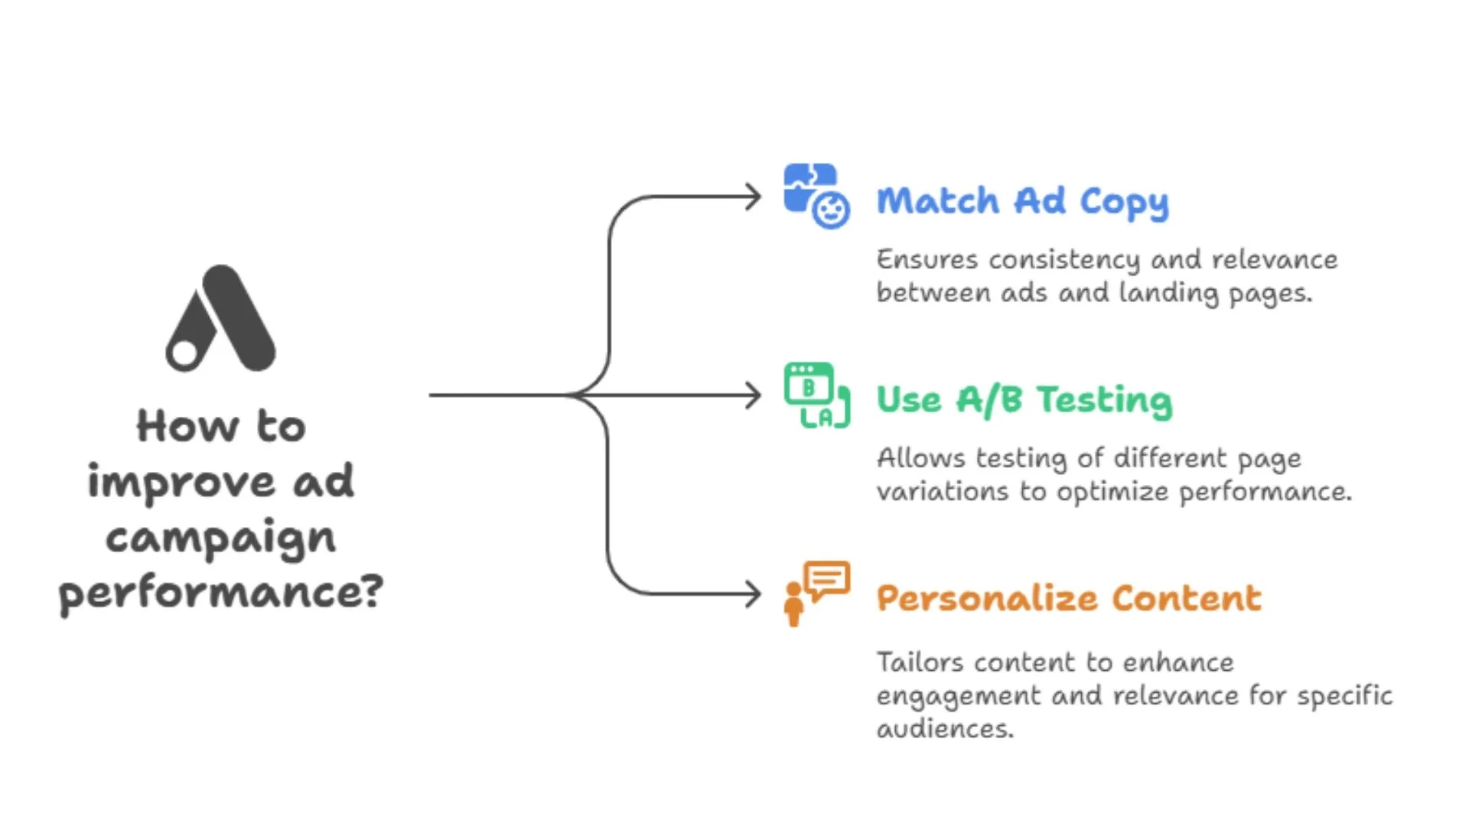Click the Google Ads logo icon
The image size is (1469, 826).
pos(220,319)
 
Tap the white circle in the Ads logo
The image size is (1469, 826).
pos(184,353)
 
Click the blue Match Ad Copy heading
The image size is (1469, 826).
pos(1022,201)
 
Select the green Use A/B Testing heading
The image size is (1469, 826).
pos(1024,400)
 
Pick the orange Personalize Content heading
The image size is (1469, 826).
pos(1068,598)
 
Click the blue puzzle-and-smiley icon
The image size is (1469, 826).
pos(816,196)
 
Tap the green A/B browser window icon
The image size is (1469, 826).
pos(816,395)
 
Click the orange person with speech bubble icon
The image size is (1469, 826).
pos(816,593)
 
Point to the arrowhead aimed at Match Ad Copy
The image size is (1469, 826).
pos(754,197)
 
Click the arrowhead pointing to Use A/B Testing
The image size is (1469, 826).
pos(754,395)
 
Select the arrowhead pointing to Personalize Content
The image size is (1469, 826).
pos(754,594)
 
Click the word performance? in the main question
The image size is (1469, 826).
pos(220,593)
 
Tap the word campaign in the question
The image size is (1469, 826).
pos(220,538)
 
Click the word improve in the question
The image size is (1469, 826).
pos(181,483)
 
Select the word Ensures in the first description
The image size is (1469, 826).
pos(927,260)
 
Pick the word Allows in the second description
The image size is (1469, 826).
pos(920,458)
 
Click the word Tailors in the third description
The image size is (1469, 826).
pos(920,662)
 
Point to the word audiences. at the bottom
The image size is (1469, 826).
pos(944,729)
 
